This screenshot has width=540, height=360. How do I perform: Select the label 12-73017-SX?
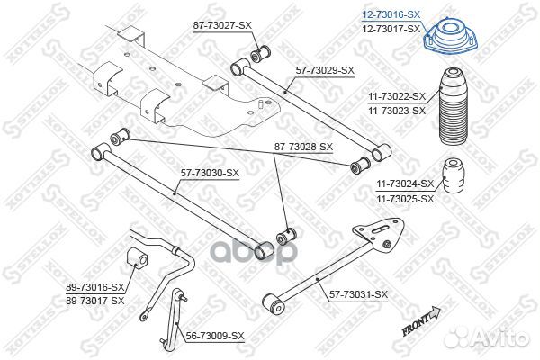390,29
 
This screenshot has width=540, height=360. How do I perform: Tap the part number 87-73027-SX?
220,27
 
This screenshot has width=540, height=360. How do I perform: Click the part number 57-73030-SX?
209,172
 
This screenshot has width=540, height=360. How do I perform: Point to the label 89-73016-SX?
94,287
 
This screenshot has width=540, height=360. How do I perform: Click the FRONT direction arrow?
422,321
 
